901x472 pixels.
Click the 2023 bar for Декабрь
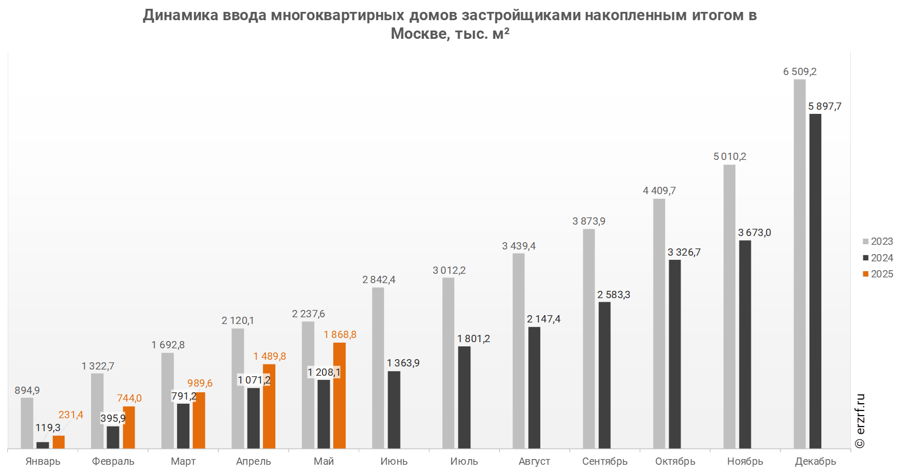[800, 264]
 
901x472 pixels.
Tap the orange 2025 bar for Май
[339, 395]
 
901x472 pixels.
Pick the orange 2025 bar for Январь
[58, 442]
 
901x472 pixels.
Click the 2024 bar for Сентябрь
[604, 375]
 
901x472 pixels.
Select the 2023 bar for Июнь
[378, 368]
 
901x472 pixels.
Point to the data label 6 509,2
[800, 71]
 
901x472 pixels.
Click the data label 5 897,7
[825, 106]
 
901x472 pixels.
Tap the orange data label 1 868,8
[340, 334]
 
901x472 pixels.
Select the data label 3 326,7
[684, 252]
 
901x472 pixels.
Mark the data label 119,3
[48, 427]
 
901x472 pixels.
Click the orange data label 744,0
[129, 398]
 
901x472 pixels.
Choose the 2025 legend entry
[878, 274]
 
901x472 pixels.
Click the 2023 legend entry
[878, 241]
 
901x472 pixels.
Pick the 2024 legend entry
[878, 258]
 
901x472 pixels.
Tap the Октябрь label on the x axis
[675, 461]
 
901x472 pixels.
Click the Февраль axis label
[113, 461]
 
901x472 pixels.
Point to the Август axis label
[535, 461]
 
